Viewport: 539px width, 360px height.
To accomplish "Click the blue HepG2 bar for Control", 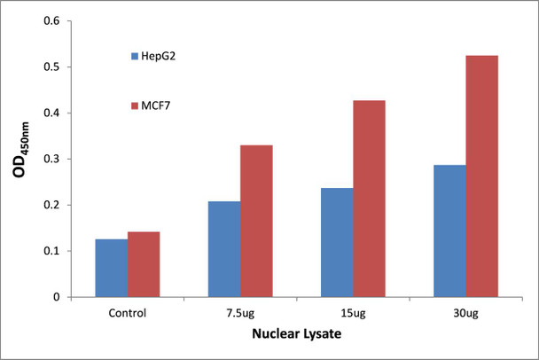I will click(110, 268).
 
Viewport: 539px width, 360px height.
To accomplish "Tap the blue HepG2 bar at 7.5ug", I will click(223, 249).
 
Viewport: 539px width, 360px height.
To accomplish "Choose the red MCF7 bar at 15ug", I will click(369, 199).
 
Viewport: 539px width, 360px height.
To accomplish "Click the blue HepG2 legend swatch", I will click(132, 57).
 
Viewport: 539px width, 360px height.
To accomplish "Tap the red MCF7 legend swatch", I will click(132, 106).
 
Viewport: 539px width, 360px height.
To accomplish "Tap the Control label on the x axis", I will click(127, 313).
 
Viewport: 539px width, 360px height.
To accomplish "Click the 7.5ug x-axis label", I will click(239, 313).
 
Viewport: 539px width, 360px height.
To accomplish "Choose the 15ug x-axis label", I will click(353, 313).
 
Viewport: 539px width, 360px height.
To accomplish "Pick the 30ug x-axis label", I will click(465, 313).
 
